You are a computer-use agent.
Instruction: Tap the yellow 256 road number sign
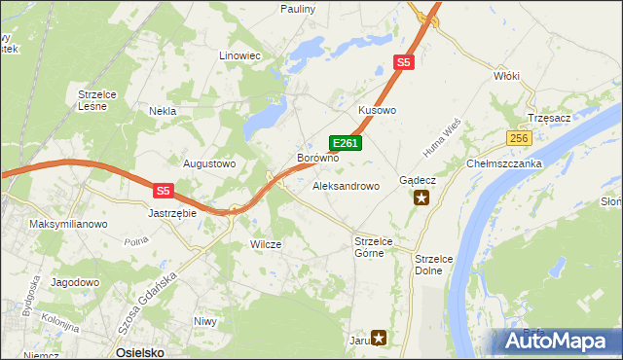[518, 139]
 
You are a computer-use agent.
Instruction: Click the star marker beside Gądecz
[421, 198]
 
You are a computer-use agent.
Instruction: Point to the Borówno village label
[317, 158]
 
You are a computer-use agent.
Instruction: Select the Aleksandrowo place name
[346, 185]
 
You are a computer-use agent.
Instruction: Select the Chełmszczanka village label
[503, 163]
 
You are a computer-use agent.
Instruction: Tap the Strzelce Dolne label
[428, 265]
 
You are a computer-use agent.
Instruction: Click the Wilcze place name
[266, 244]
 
